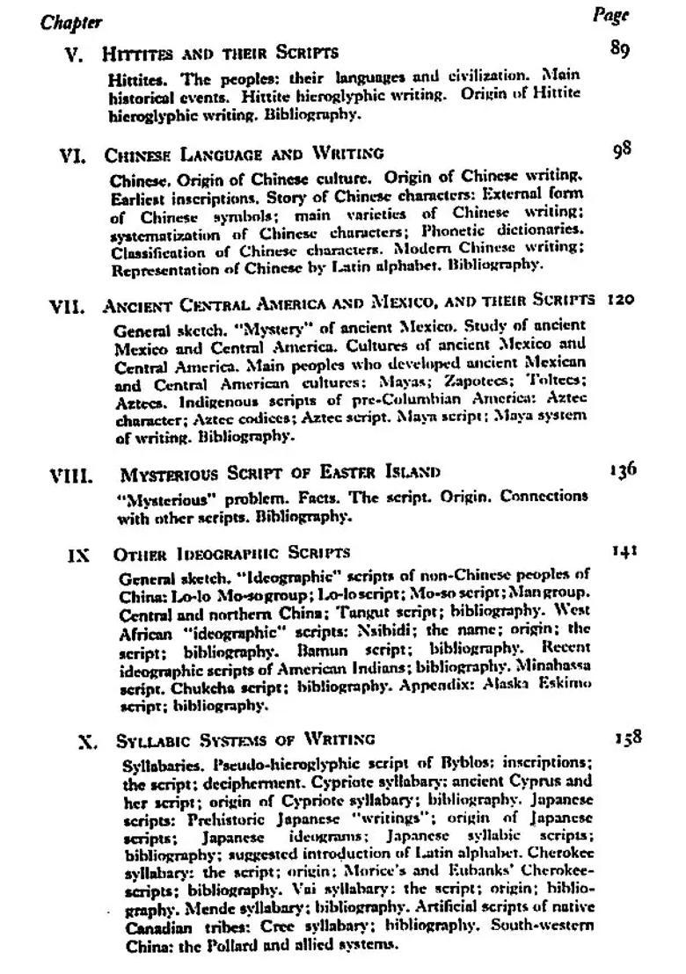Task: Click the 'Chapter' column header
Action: pos(70,22)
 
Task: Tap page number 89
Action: pos(619,49)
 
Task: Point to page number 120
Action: pos(620,300)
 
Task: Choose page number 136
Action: pos(623,469)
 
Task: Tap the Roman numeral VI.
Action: pos(71,157)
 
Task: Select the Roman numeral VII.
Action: pos(67,309)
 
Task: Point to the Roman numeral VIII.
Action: pos(70,477)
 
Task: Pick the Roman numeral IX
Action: pos(79,556)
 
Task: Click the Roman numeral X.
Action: pos(87,741)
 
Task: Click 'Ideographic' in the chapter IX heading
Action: pos(204,554)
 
